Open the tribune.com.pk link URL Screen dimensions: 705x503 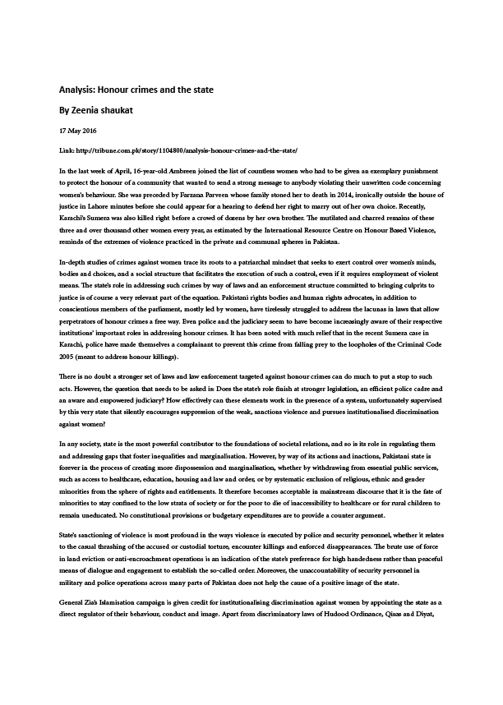point(188,152)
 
